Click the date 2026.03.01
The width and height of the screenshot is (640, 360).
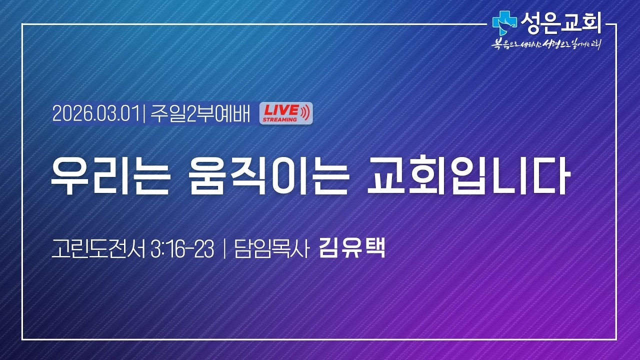click(x=95, y=114)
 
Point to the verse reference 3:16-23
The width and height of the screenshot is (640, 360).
click(x=182, y=249)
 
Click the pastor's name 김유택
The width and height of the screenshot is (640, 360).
click(x=352, y=248)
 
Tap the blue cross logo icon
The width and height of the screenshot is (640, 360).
click(x=503, y=21)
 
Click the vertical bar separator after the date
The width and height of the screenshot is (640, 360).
click(x=143, y=114)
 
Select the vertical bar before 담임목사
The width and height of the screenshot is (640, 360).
click(x=223, y=249)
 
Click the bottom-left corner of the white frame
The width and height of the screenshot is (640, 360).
click(x=22, y=339)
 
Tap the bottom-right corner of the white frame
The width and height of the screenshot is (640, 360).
click(x=617, y=339)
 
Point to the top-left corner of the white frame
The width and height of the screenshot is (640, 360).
click(x=22, y=23)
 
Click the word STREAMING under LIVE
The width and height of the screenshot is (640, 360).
click(x=279, y=119)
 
